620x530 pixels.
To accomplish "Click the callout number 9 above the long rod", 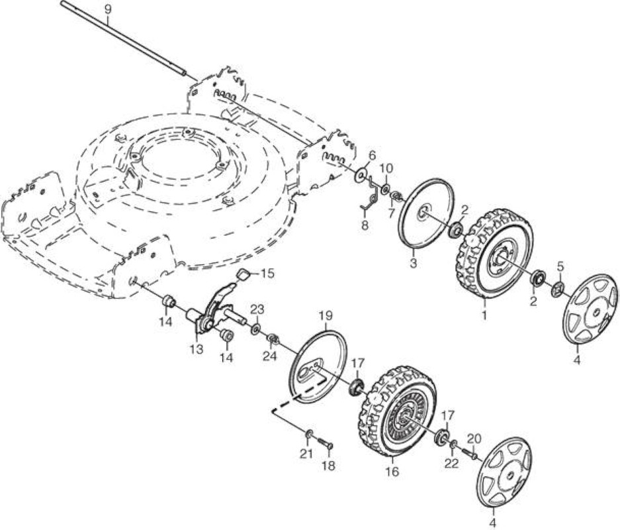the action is coord(106,9).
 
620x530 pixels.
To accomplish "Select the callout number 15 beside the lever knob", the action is coord(268,274).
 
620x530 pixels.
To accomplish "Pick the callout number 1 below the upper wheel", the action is coord(484,315).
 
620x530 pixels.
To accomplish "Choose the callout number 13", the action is coord(196,349).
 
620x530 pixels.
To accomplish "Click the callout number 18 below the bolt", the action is coord(328,466).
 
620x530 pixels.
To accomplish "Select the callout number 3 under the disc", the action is coord(413,263).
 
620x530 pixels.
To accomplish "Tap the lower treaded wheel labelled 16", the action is coord(398,412).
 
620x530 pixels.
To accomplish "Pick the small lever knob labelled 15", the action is coord(244,274).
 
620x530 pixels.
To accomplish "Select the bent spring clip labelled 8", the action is coord(370,195).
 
